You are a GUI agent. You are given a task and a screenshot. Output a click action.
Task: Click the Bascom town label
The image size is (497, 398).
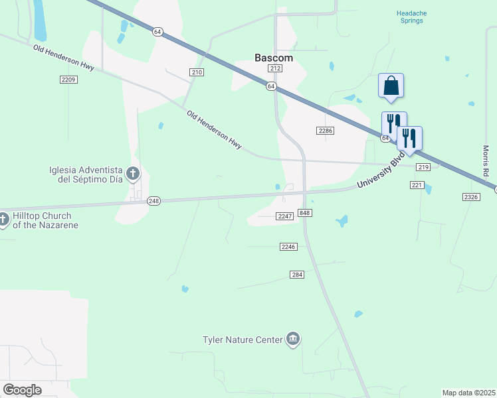(274, 58)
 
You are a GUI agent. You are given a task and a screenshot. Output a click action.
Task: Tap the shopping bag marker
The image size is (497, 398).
(391, 86)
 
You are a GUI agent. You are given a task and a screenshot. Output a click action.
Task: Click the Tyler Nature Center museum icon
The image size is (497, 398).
(293, 340)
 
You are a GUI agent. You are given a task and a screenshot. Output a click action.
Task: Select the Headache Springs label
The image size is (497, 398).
(409, 17)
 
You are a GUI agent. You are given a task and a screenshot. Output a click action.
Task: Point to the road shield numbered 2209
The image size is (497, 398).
(68, 80)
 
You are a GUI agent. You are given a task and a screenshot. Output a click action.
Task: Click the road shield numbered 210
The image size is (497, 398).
(196, 72)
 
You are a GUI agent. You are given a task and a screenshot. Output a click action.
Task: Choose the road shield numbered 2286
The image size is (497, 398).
(325, 131)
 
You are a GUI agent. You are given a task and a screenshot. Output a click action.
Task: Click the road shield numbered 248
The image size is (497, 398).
(154, 201)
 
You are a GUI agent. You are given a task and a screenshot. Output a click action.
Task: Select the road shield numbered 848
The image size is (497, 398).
(305, 212)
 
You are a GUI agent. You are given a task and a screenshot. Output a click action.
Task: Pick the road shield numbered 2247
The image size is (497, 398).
(285, 216)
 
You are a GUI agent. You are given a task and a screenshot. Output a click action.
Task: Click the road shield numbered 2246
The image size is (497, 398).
(288, 246)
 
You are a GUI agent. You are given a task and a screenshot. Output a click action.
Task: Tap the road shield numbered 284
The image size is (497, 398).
(297, 275)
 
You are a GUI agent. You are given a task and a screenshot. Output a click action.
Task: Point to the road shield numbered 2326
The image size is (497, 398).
(471, 197)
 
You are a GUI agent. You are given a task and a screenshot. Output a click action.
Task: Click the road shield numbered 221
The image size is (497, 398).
(417, 185)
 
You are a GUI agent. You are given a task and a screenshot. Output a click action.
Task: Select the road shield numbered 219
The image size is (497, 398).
(423, 167)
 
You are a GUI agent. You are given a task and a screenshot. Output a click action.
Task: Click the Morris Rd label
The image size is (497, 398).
(486, 161)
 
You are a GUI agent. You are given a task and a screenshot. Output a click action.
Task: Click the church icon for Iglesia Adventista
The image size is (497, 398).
(132, 174)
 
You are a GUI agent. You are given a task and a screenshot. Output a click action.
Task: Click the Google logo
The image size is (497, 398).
(22, 390)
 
